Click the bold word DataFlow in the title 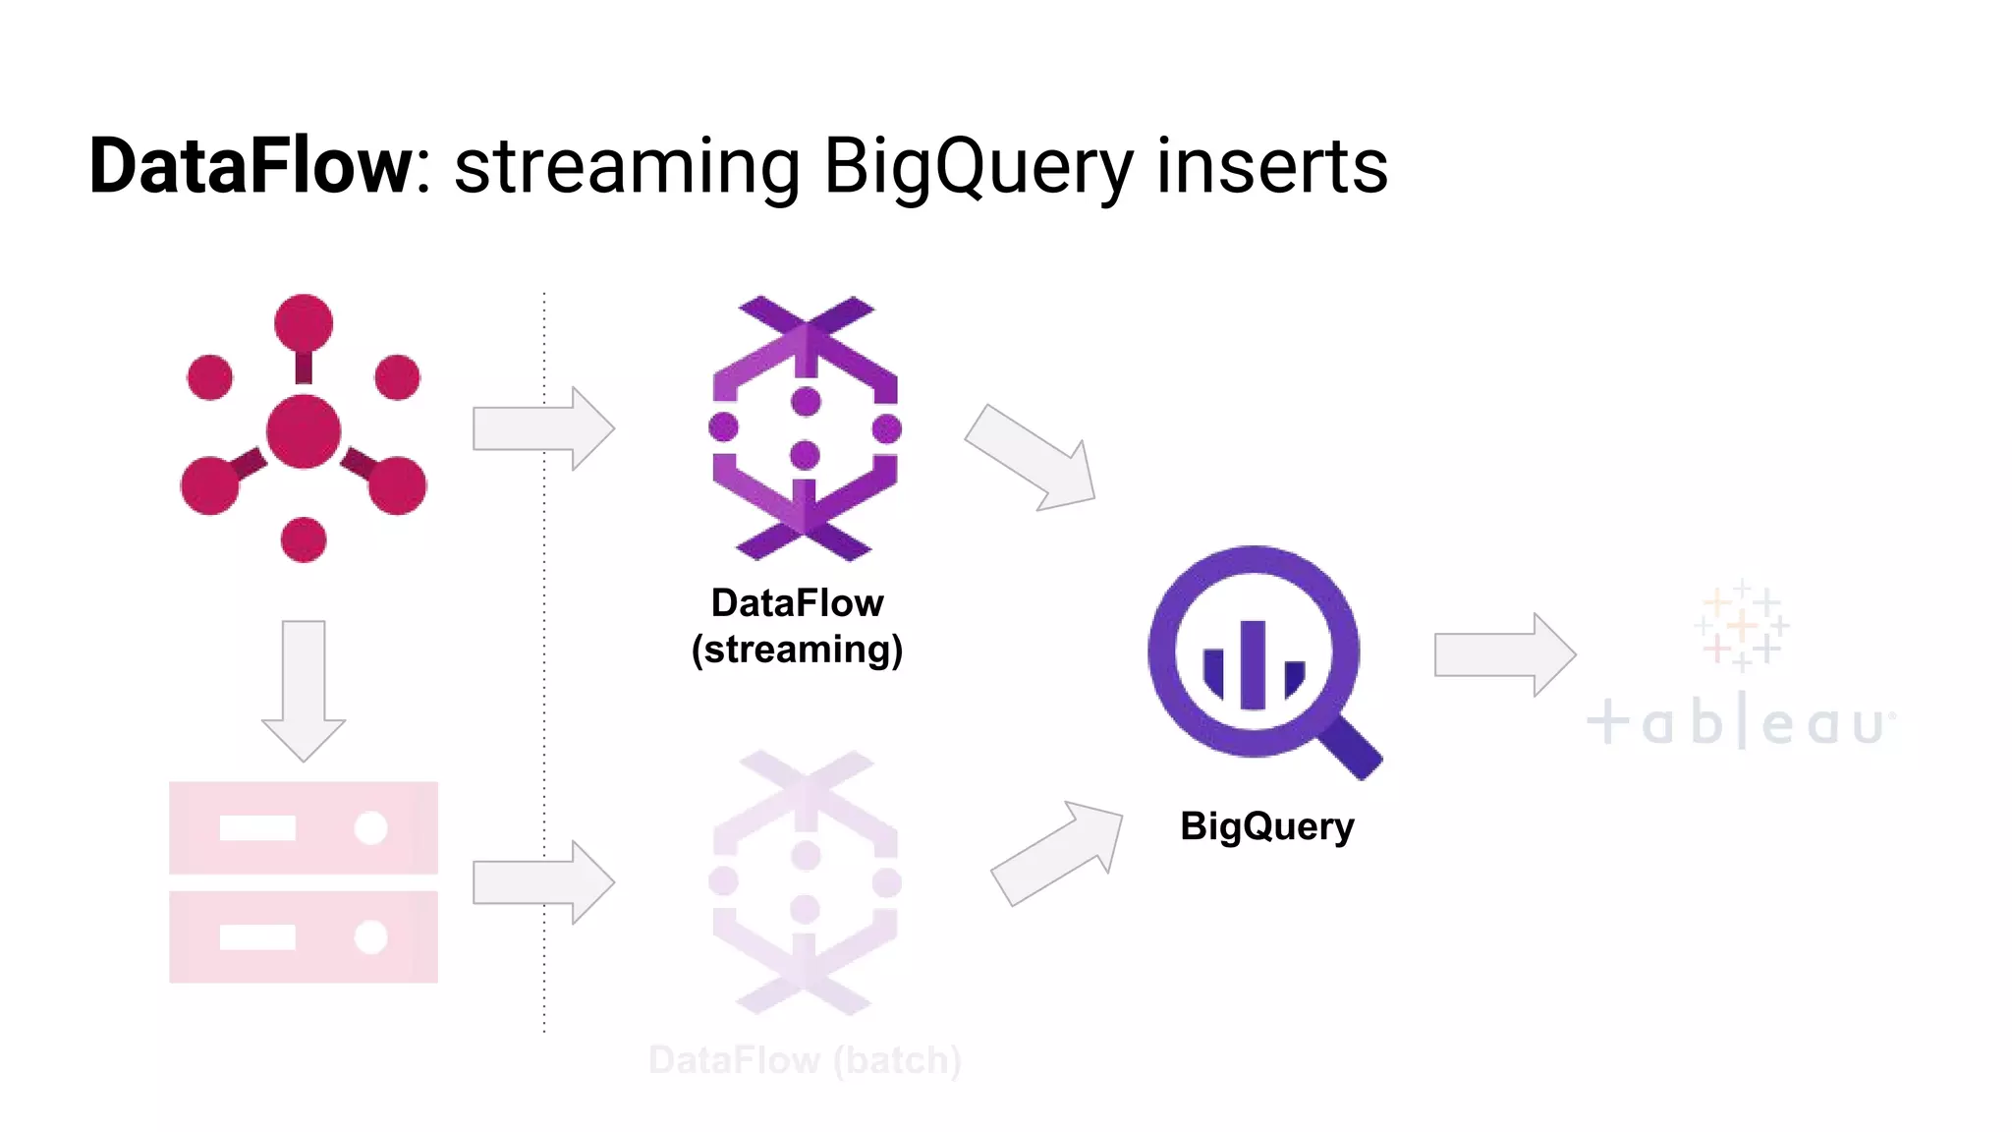click(x=251, y=166)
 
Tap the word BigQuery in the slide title click(x=978, y=166)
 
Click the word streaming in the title click(x=627, y=166)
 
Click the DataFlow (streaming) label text click(x=797, y=626)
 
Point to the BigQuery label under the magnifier click(x=1266, y=826)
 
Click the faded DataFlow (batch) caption click(x=805, y=1060)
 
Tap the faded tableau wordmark click(x=1739, y=723)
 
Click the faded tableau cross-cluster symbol click(x=1741, y=625)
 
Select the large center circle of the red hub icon click(x=304, y=431)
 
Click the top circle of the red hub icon click(x=304, y=322)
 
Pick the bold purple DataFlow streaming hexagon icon click(x=805, y=428)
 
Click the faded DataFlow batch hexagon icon click(x=805, y=882)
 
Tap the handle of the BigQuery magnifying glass click(x=1351, y=749)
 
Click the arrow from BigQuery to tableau click(x=1504, y=654)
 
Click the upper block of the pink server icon click(x=304, y=827)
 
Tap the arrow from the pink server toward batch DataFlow click(x=542, y=882)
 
